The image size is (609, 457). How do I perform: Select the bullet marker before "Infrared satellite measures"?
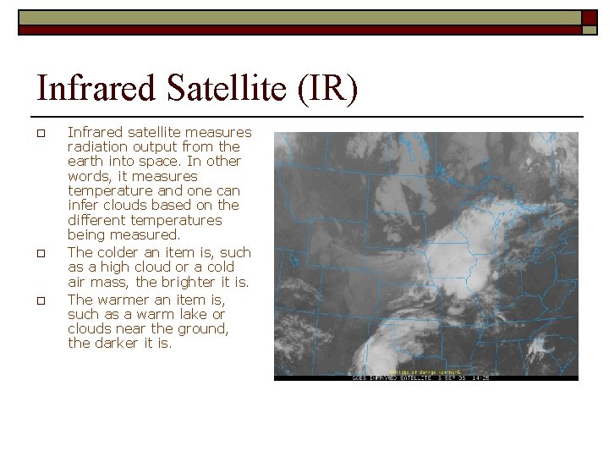pyautogui.click(x=40, y=133)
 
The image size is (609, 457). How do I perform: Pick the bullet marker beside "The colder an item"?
pyautogui.click(x=40, y=253)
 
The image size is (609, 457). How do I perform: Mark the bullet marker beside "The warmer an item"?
pyautogui.click(x=40, y=300)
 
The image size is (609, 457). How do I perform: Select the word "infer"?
pyautogui.click(x=82, y=206)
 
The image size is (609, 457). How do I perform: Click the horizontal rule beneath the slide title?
pyautogui.click(x=304, y=116)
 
